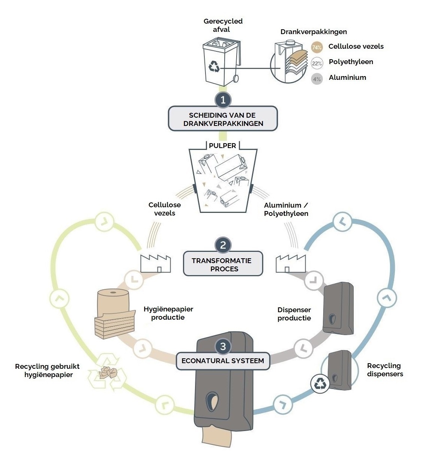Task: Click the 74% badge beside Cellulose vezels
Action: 317,48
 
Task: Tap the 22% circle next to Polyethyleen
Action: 317,63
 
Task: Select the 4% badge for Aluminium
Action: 317,79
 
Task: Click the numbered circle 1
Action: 223,100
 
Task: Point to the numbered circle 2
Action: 223,245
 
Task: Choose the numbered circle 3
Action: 223,346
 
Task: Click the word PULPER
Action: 222,146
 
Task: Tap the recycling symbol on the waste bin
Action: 214,66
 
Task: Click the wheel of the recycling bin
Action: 236,78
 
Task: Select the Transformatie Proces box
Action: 223,263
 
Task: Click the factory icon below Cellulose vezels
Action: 156,263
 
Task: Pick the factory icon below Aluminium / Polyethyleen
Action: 291,263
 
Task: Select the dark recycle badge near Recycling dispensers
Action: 320,383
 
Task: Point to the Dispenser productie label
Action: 294,314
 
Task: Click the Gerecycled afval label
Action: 223,25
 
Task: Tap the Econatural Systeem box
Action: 223,361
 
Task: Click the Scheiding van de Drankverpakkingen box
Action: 223,118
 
